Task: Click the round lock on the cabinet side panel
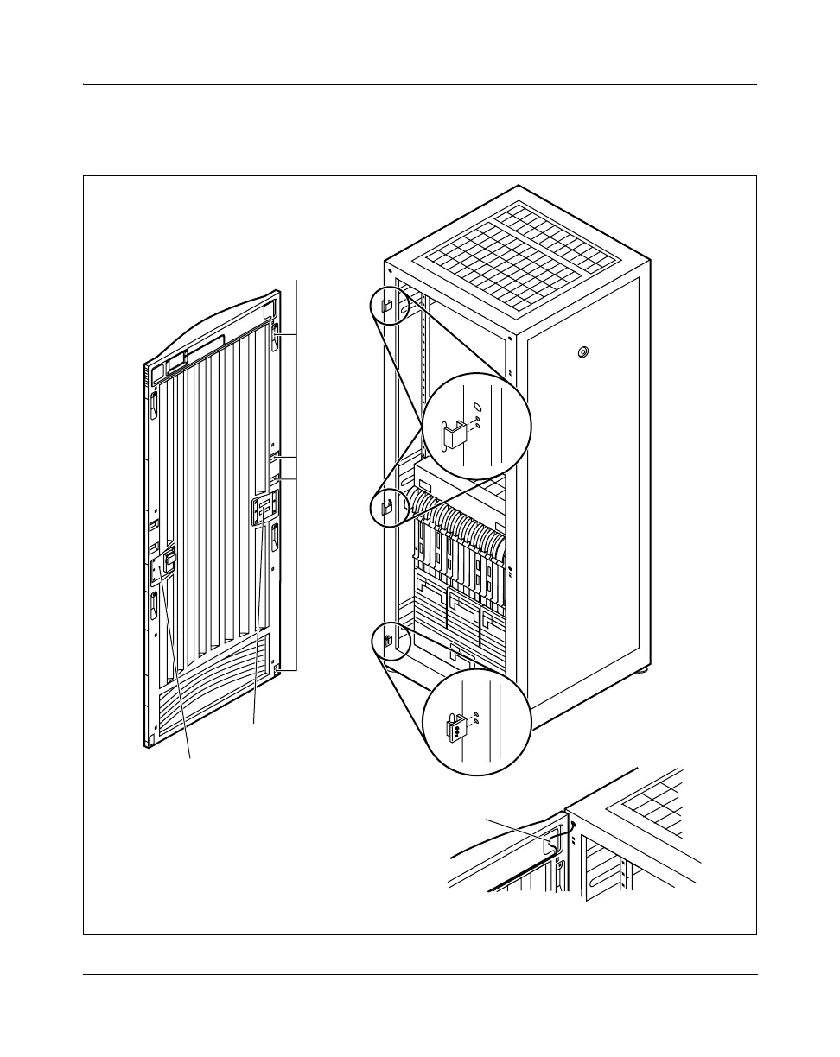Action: tap(582, 351)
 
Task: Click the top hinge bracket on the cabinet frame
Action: tap(386, 306)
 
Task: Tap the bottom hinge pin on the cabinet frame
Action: tap(388, 641)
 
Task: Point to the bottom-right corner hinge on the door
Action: tap(277, 670)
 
